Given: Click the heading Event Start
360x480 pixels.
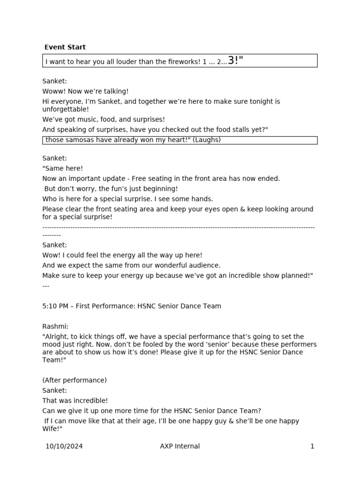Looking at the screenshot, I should tap(65, 47).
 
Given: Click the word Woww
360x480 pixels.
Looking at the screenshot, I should tap(52, 91).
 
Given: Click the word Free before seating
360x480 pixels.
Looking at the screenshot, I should tap(139, 179).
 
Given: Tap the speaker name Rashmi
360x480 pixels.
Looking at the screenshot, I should tap(55, 327).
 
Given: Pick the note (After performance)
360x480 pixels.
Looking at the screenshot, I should tap(75, 380).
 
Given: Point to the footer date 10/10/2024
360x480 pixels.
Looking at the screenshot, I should tap(64, 446).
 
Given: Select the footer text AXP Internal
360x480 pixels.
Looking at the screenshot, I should tap(180, 446).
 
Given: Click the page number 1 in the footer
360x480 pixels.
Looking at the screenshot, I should tap(312, 446).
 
